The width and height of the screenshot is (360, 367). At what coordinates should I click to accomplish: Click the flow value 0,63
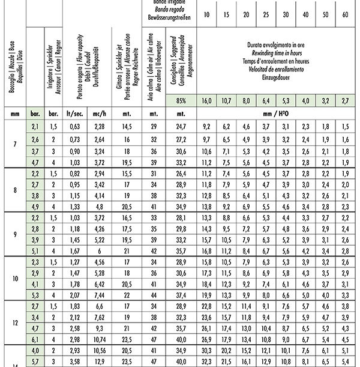76,126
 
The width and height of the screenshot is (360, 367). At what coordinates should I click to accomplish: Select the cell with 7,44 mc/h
100,295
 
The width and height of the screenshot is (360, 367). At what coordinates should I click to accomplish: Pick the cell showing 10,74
100,340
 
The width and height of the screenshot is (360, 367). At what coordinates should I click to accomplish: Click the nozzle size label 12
14,323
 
